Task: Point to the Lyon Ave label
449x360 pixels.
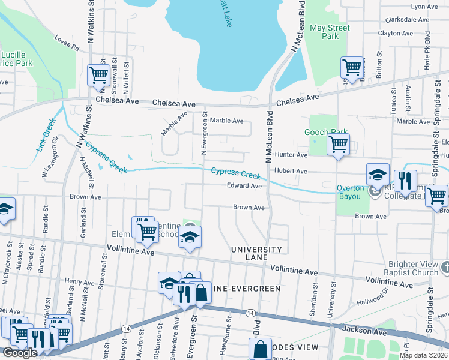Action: tap(424, 6)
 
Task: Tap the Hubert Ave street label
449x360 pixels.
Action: tap(291, 172)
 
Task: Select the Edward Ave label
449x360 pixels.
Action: tap(244, 186)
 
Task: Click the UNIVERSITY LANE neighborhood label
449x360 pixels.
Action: tap(257, 253)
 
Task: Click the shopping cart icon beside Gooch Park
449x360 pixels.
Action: tap(339, 144)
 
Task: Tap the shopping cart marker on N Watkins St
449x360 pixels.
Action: tap(98, 75)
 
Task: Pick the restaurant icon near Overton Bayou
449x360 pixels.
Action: tap(406, 180)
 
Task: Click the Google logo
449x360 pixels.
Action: tap(20, 353)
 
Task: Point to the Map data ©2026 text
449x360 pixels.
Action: tap(423, 355)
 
